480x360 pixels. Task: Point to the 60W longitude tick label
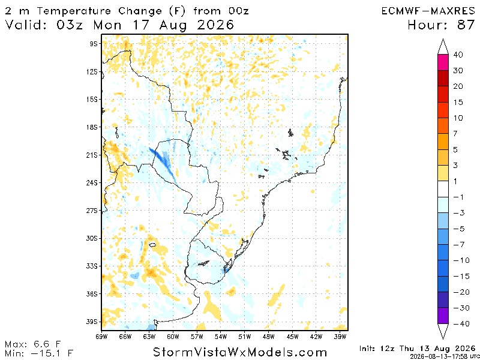coord(173,337)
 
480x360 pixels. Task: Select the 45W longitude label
coord(292,337)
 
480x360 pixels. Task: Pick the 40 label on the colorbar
coord(458,55)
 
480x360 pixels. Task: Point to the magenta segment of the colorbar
coord(443,62)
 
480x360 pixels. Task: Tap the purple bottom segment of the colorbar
coord(443,316)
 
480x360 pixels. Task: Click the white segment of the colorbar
coord(443,189)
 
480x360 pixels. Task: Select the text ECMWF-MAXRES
coord(428,11)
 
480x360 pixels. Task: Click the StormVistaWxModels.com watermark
coord(239,352)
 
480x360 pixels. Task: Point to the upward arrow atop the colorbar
coord(443,46)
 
